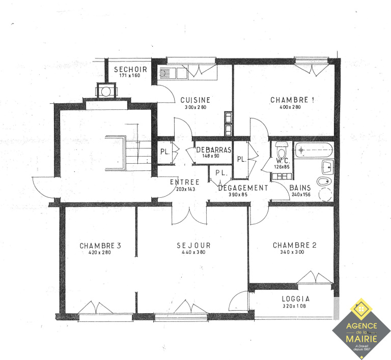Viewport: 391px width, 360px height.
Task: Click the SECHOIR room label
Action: (130, 70)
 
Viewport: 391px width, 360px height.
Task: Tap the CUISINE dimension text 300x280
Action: (195, 107)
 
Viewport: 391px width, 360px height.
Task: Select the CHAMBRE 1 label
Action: (292, 100)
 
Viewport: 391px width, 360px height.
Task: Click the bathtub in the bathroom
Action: (314, 150)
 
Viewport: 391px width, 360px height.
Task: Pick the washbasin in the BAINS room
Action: (327, 167)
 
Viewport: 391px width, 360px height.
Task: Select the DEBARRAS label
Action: (214, 150)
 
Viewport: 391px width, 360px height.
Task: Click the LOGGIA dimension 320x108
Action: (294, 306)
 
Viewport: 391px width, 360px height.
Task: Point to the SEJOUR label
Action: (194, 246)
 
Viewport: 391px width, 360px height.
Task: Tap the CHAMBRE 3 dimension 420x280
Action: (100, 252)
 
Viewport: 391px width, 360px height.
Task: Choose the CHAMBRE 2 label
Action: (294, 245)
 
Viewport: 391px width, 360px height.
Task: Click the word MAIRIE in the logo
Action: (361, 339)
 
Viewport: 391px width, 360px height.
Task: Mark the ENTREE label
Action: (184, 182)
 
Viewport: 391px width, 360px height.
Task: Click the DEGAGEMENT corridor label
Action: (243, 188)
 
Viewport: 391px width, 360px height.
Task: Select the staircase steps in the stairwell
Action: (138, 153)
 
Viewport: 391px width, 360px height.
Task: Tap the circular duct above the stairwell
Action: (106, 92)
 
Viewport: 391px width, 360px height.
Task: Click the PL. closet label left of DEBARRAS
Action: (165, 152)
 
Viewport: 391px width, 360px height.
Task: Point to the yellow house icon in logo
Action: (361, 309)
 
